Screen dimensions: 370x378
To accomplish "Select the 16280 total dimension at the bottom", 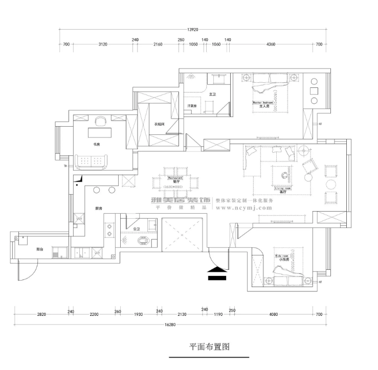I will click(173, 324).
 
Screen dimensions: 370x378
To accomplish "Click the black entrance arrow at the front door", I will click(217, 273).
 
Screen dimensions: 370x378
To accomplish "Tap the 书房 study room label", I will click(96, 144).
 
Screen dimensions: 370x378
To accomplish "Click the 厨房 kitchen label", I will click(98, 209).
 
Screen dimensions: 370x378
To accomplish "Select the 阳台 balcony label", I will click(39, 249).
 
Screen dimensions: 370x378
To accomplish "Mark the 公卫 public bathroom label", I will click(137, 229).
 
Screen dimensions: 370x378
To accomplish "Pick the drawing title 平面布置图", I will click(210, 346).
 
